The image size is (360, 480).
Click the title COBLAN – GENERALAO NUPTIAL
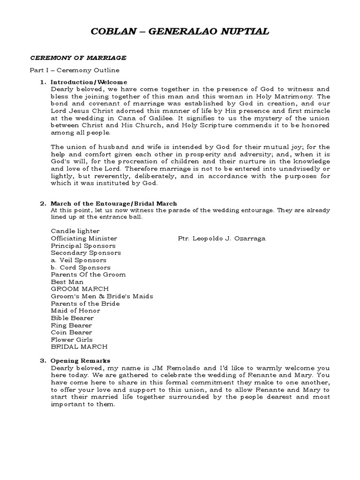(180, 32)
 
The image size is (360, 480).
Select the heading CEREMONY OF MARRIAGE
(78, 58)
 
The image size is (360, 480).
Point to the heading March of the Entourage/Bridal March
(113, 203)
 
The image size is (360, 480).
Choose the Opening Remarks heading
(80, 360)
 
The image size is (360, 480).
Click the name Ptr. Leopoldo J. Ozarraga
(222, 239)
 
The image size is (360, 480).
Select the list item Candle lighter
(75, 231)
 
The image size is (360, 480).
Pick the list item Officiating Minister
(84, 239)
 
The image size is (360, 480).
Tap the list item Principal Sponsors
(83, 246)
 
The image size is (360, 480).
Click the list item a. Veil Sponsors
(78, 260)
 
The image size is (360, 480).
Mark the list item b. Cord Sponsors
(81, 267)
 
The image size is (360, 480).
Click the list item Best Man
(67, 282)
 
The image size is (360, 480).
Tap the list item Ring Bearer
(71, 325)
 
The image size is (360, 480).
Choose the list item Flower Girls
(72, 339)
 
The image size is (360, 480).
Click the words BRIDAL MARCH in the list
(79, 347)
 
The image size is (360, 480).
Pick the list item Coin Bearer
(71, 332)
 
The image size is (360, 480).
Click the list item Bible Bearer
(72, 318)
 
